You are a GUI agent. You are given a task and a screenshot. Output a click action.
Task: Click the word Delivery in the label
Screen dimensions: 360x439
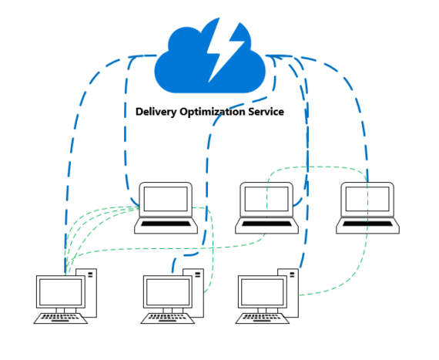(x=156, y=112)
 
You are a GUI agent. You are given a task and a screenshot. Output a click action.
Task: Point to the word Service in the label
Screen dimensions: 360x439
(x=265, y=112)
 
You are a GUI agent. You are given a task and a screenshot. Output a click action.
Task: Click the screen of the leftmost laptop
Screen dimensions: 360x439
(x=164, y=199)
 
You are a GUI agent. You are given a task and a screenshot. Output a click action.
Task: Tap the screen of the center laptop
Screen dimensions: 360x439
(x=266, y=199)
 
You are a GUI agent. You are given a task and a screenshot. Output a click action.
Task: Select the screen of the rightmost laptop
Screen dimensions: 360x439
(x=367, y=199)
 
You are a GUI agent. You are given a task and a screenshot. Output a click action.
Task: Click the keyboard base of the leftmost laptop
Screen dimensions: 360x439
(x=165, y=225)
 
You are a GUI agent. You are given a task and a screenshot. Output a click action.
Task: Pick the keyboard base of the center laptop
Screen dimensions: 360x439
(x=266, y=225)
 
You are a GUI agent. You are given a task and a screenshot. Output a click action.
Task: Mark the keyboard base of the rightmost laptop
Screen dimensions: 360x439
(x=368, y=225)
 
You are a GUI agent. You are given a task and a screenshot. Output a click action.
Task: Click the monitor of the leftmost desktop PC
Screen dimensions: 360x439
(x=60, y=293)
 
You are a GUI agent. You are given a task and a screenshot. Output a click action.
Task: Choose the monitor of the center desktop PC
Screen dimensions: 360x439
(x=166, y=293)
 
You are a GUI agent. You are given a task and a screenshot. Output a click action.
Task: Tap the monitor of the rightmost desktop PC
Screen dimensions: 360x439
(x=262, y=293)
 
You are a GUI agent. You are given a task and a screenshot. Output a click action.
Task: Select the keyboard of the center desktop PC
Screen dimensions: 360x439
(x=166, y=318)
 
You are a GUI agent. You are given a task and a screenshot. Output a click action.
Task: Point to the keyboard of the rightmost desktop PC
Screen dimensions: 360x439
(x=262, y=318)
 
